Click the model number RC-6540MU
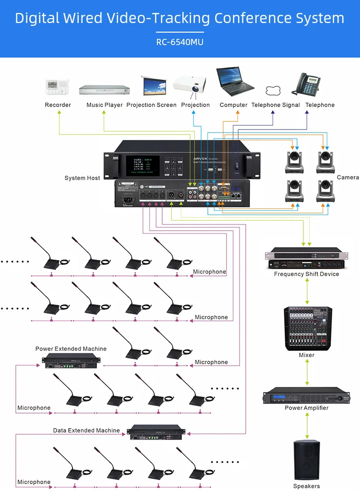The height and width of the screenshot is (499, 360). [180, 42]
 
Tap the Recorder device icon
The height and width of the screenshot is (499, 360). [58, 87]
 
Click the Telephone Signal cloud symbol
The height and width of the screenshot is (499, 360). [273, 91]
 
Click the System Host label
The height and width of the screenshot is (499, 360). [83, 178]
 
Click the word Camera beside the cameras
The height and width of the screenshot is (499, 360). [348, 178]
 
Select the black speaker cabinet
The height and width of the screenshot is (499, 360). [306, 460]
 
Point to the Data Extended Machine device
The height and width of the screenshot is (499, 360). [157, 431]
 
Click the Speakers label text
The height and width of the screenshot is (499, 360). [306, 486]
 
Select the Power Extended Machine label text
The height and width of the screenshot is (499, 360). [71, 349]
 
